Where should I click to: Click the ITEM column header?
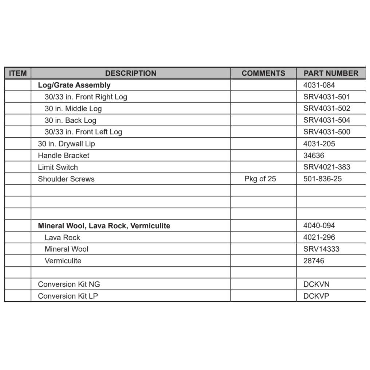(18, 73)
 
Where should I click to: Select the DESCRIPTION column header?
(130, 73)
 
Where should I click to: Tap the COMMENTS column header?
(263, 73)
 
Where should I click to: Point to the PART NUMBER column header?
(331, 73)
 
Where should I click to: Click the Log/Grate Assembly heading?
(74, 85)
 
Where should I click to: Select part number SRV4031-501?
(326, 97)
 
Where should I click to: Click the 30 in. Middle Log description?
(73, 109)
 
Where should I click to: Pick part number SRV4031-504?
(326, 120)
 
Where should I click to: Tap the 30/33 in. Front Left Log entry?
(83, 132)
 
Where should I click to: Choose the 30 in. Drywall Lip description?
(66, 144)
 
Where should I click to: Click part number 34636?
(314, 156)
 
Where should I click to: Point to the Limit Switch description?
(58, 167)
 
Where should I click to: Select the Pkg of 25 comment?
(260, 179)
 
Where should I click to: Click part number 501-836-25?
(322, 179)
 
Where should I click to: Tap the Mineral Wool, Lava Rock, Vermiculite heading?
(104, 226)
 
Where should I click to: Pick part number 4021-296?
(319, 237)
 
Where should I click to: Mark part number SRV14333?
(321, 249)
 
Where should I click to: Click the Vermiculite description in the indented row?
(63, 261)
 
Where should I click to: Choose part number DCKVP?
(316, 296)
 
